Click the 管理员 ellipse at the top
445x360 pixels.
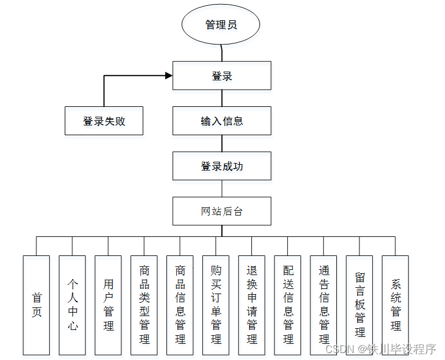tap(221, 25)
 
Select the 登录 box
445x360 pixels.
tap(222, 76)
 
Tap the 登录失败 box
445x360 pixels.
tap(104, 121)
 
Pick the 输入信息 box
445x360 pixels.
tap(222, 121)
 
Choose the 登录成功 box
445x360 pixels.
tap(222, 166)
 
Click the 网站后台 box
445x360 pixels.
tap(222, 211)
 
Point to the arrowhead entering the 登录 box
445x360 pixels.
tap(169, 76)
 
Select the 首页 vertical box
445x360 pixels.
tap(36, 305)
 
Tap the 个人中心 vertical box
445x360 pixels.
tap(72, 305)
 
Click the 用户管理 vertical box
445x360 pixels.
tap(108, 305)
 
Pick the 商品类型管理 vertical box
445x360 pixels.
tap(144, 305)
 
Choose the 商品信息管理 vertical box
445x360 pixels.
tap(180, 305)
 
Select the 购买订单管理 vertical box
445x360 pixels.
tap(216, 305)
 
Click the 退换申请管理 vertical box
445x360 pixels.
tap(251, 305)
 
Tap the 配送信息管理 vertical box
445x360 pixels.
tap(288, 305)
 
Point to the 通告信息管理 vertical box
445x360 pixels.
tap(324, 305)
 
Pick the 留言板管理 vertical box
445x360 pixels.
tap(359, 305)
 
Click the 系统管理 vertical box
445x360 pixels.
tap(395, 305)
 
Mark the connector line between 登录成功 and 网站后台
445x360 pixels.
tap(222, 189)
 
